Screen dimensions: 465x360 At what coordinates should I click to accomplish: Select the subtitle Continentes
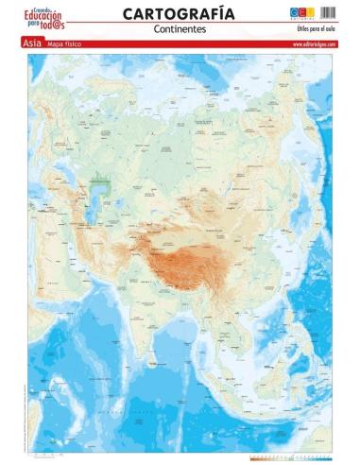[x=179, y=29]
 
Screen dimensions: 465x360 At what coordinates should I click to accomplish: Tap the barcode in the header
[x=328, y=11]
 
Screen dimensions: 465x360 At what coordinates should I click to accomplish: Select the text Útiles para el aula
[x=316, y=30]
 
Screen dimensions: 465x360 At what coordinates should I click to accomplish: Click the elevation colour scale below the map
[x=290, y=457]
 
